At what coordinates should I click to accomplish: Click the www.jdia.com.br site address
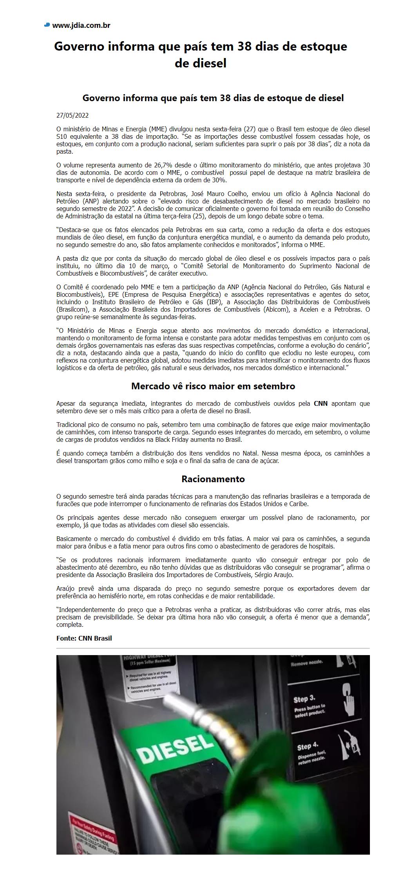tap(81, 25)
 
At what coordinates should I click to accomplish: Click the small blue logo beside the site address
tap(47, 25)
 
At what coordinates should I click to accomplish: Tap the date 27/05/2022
tap(72, 115)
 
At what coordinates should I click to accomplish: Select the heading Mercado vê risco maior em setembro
tap(213, 386)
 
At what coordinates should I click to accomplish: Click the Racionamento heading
tap(213, 479)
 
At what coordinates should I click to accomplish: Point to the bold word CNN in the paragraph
tap(321, 403)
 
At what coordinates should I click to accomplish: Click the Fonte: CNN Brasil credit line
tap(84, 638)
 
